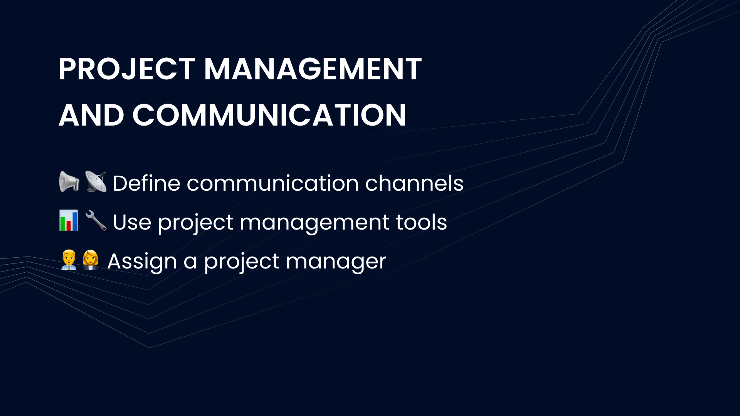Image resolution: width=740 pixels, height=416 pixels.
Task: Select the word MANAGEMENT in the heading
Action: (x=313, y=69)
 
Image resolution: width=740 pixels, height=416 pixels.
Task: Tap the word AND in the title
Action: (x=91, y=115)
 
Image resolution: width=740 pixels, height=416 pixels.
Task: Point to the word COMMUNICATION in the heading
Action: (x=269, y=115)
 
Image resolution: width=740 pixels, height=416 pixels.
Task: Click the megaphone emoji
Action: (x=69, y=182)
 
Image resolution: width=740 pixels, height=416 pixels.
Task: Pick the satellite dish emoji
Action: (x=96, y=182)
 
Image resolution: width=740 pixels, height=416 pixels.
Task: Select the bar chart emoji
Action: (x=69, y=221)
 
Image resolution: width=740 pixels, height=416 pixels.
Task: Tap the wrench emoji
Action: (x=96, y=221)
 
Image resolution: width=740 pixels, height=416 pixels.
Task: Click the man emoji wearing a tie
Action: (x=69, y=260)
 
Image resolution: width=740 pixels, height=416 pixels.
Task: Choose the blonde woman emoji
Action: (x=91, y=260)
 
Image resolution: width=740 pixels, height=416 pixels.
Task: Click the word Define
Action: (x=146, y=183)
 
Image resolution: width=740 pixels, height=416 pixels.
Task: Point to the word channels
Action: (x=414, y=183)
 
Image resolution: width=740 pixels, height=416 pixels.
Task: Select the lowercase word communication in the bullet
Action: (x=273, y=183)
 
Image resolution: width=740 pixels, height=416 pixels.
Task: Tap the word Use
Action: (x=132, y=223)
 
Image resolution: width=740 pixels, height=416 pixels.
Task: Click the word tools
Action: (x=421, y=223)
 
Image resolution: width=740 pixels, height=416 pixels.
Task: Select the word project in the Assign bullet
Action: (x=242, y=263)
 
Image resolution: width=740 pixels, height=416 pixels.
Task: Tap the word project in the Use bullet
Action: (x=196, y=224)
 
